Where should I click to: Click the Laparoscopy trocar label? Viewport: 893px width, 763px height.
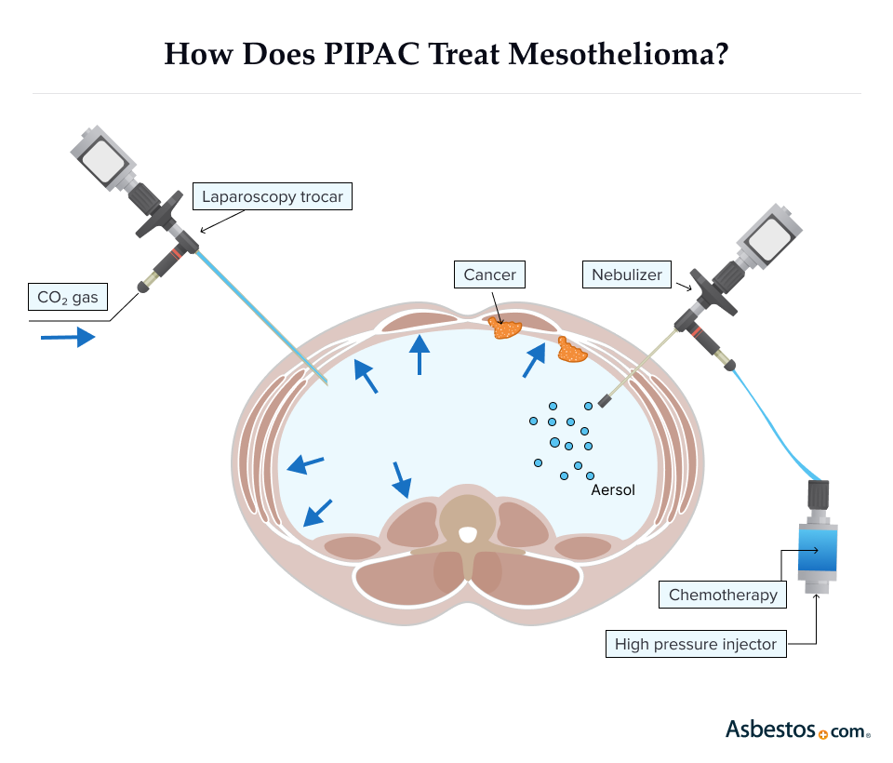point(273,197)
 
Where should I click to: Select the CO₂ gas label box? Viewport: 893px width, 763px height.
point(68,298)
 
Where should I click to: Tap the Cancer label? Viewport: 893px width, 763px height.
point(489,274)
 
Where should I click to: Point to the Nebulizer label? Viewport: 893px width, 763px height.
point(627,274)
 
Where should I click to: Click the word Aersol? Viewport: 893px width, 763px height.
point(613,489)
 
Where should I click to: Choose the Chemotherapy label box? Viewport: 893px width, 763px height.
point(723,595)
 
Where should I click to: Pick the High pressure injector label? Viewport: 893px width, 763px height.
point(695,644)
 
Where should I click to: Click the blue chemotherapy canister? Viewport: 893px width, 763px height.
point(819,549)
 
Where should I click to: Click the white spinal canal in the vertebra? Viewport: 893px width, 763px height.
point(468,534)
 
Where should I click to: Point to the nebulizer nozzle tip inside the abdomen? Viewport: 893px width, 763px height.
point(605,401)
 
